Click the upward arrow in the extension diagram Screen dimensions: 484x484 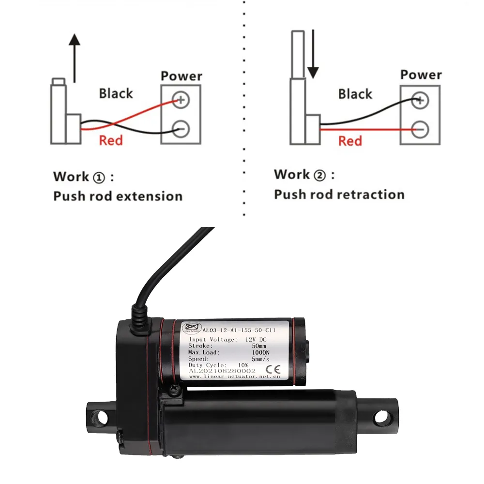(74, 58)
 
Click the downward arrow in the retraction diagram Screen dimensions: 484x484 (313, 54)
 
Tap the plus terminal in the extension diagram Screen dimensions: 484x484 (181, 100)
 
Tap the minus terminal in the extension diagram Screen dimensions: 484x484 (181, 129)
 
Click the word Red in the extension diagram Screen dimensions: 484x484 (111, 140)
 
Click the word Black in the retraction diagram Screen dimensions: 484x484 (355, 94)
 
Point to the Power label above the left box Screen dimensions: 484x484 (181, 76)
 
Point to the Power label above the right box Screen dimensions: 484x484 (421, 75)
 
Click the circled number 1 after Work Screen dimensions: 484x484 (98, 177)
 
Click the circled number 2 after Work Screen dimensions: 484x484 (319, 175)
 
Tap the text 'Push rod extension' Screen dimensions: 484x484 (118, 196)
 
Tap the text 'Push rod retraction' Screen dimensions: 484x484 (339, 195)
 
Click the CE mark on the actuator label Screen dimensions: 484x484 (274, 362)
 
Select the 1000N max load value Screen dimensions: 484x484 (262, 352)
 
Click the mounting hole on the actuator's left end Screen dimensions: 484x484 (101, 416)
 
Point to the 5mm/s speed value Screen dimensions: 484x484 (261, 359)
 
